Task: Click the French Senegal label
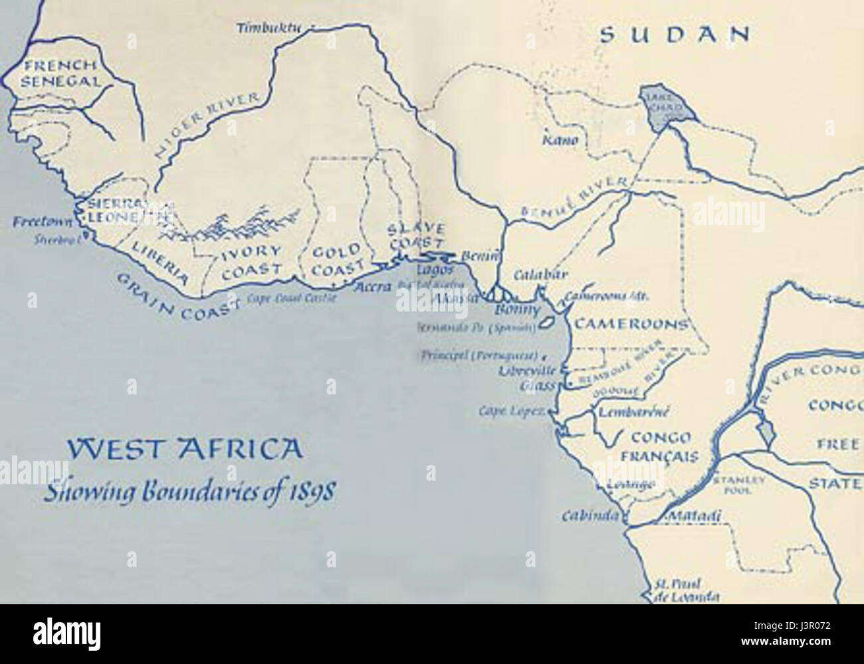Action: click(62, 74)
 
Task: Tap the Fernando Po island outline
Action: click(547, 322)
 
